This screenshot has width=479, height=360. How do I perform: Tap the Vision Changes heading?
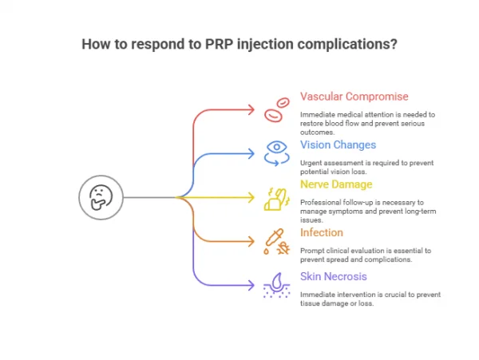coord(338,144)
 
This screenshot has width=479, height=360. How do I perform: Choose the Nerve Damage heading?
coord(335,184)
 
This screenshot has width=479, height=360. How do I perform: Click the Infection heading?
coord(322,233)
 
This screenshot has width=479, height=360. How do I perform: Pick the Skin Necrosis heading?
coord(335,277)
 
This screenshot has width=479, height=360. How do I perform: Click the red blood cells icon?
coord(276,109)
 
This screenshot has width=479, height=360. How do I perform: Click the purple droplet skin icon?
coord(276,286)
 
